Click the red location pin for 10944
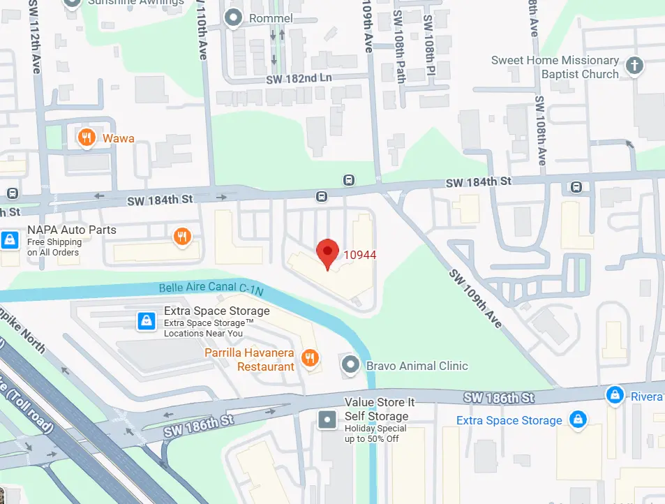tap(328, 252)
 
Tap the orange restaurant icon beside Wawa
tap(87, 138)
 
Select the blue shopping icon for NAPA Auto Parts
tap(10, 240)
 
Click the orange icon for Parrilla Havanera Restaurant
tap(310, 359)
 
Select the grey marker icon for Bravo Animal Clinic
tap(349, 364)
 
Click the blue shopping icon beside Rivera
tap(614, 395)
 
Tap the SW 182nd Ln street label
tap(299, 78)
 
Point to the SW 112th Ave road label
tap(36, 45)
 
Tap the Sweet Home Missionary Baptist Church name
tap(555, 67)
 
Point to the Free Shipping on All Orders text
tap(54, 247)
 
